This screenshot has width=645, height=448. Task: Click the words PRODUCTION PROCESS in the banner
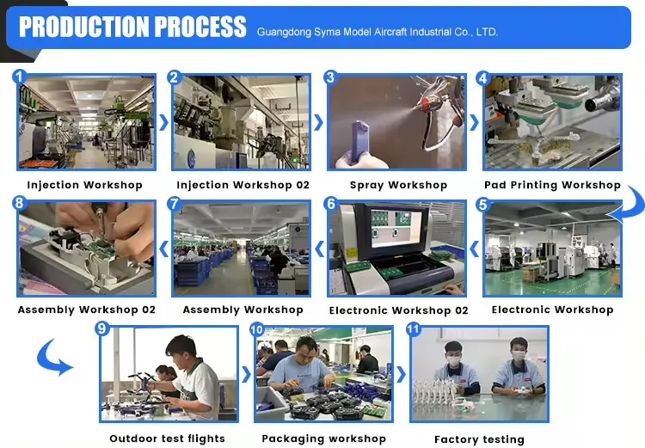point(132,27)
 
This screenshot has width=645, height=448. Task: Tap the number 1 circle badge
point(19,77)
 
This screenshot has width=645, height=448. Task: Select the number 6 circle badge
point(331,203)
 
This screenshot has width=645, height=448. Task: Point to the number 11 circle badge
point(413,329)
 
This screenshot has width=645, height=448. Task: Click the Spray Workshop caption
point(398,185)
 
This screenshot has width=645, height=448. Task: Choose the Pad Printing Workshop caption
point(552,185)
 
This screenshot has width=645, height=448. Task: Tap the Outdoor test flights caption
point(168,439)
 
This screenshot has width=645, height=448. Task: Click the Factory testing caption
point(479,439)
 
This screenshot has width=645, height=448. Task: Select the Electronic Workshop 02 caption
point(398,310)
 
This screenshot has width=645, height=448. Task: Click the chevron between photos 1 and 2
point(163,123)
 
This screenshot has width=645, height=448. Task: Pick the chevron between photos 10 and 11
point(401,374)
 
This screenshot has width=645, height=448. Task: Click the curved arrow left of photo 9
point(52,359)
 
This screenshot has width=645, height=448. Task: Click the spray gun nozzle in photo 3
point(421,105)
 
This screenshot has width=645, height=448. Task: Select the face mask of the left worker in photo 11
point(454,362)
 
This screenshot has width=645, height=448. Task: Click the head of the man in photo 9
point(181,352)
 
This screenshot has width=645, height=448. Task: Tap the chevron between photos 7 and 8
point(163,249)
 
